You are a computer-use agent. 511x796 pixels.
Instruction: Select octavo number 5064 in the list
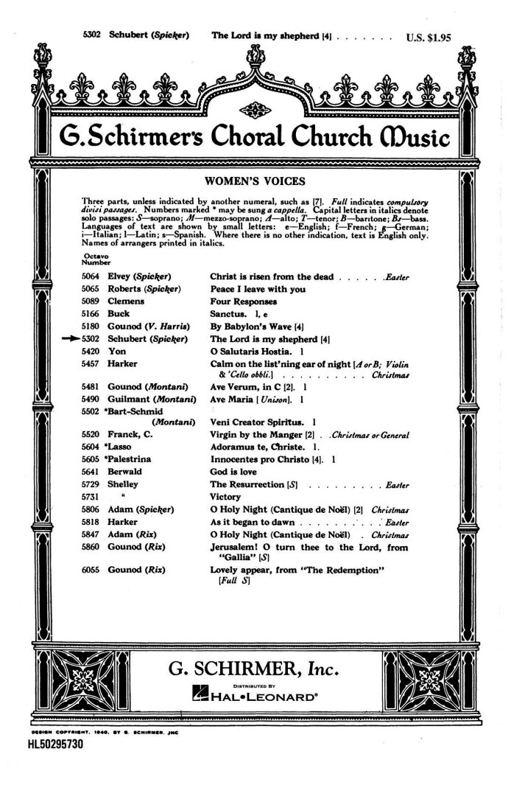[x=91, y=276]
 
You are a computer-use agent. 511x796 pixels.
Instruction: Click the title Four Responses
[x=244, y=301]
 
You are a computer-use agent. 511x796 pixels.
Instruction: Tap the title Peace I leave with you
[x=257, y=289]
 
